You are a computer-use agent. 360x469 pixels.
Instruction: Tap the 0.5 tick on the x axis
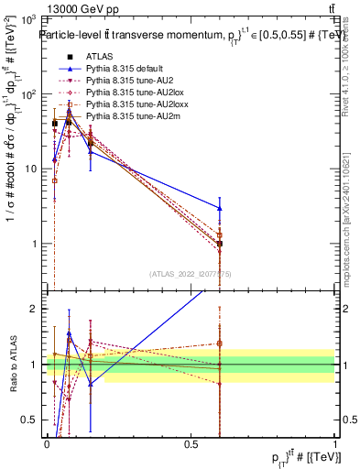(191, 444)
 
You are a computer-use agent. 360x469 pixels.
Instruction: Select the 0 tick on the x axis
(47, 444)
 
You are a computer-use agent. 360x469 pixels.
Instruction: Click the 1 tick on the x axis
(334, 444)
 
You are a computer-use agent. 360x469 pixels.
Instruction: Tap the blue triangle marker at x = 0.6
(220, 208)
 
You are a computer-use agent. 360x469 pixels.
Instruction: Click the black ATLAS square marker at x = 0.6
(220, 244)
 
